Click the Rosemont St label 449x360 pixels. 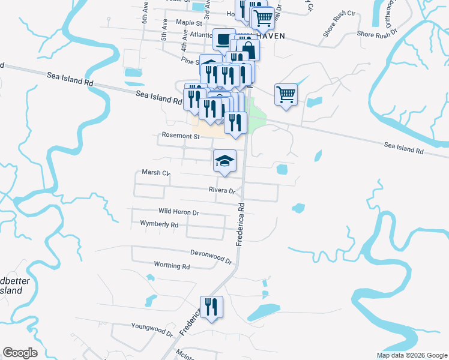(x=180, y=136)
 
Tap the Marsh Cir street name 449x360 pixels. (x=156, y=173)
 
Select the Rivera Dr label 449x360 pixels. (x=221, y=190)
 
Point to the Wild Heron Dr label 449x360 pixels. (x=178, y=212)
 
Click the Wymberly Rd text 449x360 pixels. (x=159, y=224)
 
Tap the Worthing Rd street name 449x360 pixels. (x=172, y=265)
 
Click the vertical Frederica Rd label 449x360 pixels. (x=241, y=223)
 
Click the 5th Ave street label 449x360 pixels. (x=164, y=29)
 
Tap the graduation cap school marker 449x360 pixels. (x=224, y=160)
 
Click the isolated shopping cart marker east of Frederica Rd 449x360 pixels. (x=286, y=94)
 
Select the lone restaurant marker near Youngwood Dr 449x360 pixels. (x=211, y=307)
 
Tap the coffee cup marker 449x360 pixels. (x=223, y=39)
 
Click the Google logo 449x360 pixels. (x=20, y=353)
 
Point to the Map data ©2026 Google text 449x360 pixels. (x=411, y=355)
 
